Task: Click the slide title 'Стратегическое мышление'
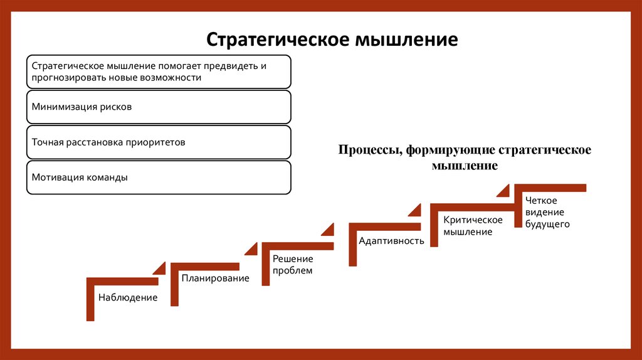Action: pyautogui.click(x=332, y=40)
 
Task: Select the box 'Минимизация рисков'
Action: pyautogui.click(x=159, y=107)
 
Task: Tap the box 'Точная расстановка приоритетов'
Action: pyautogui.click(x=159, y=142)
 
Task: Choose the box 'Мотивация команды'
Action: pyautogui.click(x=159, y=177)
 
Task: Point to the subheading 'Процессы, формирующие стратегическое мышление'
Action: pyautogui.click(x=465, y=157)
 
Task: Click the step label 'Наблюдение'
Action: pyautogui.click(x=127, y=297)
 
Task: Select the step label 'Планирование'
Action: pyautogui.click(x=215, y=278)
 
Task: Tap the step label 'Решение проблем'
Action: pyautogui.click(x=292, y=265)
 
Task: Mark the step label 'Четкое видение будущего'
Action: pyautogui.click(x=547, y=213)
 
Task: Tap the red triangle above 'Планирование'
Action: pyautogui.click(x=251, y=249)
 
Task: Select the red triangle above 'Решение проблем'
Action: pyautogui.click(x=328, y=230)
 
